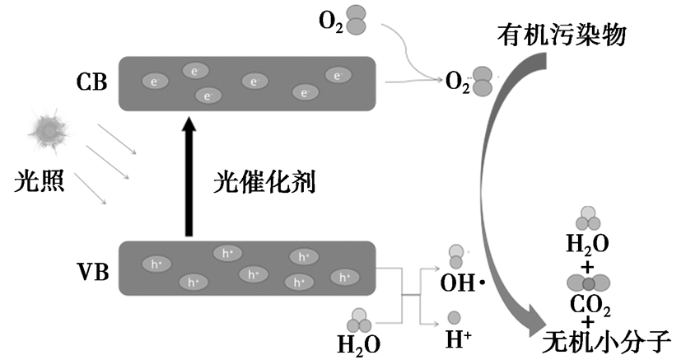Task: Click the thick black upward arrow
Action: pyautogui.click(x=189, y=178)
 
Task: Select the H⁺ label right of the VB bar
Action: pyautogui.click(x=459, y=338)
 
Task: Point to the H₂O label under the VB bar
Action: pyautogui.click(x=359, y=341)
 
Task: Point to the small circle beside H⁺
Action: pyautogui.click(x=454, y=317)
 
